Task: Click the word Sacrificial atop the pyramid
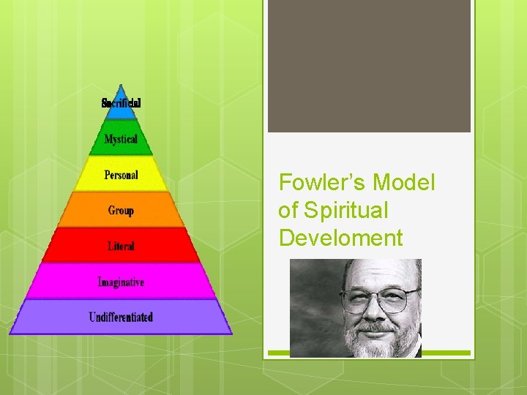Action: tap(121, 103)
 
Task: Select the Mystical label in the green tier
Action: tap(121, 139)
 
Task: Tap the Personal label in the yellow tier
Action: tap(121, 175)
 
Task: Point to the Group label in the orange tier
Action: tap(121, 211)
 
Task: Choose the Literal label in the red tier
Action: tap(121, 247)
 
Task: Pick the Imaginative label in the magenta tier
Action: tap(121, 282)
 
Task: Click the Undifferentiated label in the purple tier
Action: tap(121, 317)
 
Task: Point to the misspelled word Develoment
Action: tap(340, 238)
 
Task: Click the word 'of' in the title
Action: tap(288, 211)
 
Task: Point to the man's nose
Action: tap(379, 312)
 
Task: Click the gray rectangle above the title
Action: tap(369, 66)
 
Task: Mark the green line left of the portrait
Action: tap(279, 353)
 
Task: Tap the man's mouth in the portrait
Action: tap(379, 327)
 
